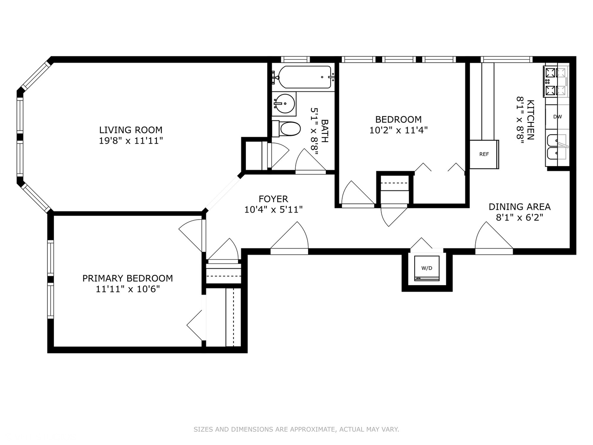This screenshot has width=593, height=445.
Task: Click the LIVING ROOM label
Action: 131,130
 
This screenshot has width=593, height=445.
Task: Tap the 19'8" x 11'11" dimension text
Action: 131,141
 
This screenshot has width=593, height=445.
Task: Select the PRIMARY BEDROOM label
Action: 127,278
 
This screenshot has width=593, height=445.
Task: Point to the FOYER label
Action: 273,199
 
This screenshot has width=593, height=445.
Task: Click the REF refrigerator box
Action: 484,154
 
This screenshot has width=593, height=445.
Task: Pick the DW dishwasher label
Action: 557,117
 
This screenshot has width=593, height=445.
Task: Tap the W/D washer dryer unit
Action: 427,268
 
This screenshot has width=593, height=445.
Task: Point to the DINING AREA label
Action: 519,206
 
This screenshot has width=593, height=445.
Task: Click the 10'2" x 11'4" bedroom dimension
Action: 398,130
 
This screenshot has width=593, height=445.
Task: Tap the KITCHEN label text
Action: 531,119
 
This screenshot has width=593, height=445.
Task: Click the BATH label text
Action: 325,131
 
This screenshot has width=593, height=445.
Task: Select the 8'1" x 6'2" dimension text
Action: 519,217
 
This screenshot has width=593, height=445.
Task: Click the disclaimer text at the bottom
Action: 296,429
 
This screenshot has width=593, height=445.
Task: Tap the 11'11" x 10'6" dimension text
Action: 127,289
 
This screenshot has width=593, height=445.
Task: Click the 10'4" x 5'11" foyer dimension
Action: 273,210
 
